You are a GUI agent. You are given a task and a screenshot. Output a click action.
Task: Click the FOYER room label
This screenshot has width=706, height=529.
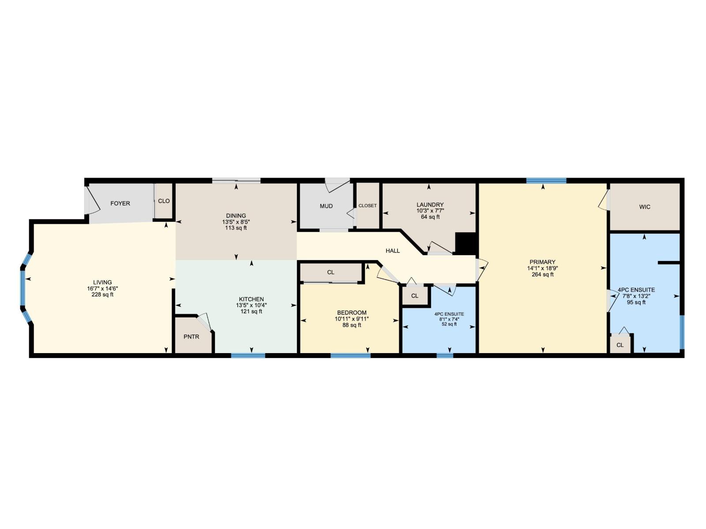(120, 204)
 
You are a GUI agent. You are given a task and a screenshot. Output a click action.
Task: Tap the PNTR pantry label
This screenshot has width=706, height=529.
(192, 337)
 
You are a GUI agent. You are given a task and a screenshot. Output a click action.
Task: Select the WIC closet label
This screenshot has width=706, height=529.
(645, 207)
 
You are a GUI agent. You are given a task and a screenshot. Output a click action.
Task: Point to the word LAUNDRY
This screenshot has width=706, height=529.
(430, 205)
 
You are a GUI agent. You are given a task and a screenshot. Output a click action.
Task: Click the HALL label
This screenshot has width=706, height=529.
(393, 251)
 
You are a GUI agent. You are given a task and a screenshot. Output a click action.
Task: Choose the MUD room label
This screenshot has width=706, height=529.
(326, 206)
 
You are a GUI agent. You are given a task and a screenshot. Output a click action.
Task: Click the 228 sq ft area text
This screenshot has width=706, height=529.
(102, 295)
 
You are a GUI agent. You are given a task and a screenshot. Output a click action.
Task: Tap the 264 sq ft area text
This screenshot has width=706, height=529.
(542, 275)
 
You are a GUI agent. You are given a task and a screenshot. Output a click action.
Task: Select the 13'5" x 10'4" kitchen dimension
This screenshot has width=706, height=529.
(251, 305)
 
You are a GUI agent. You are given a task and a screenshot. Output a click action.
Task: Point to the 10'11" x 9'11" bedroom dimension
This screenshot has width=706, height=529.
(352, 319)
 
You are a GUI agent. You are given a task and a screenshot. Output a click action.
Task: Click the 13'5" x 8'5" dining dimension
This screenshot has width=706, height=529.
(236, 222)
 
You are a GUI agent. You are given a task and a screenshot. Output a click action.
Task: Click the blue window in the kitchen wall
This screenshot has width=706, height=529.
(248, 355)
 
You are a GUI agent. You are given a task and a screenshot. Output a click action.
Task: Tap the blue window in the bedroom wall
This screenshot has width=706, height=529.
(350, 355)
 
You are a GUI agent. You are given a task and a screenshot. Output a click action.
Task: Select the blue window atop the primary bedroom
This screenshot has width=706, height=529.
(546, 180)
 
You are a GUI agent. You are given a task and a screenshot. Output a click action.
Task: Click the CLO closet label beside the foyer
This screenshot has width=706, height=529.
(164, 201)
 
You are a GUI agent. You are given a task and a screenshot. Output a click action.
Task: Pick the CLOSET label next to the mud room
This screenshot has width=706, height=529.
(368, 206)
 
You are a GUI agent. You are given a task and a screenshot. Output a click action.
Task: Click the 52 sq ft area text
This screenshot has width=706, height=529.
(449, 324)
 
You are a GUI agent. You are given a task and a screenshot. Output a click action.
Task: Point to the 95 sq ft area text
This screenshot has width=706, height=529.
(636, 303)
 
